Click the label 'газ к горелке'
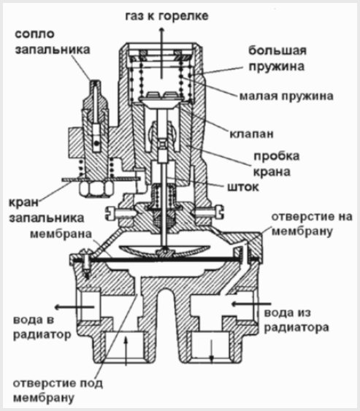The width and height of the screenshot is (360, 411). pyautogui.click(x=166, y=16)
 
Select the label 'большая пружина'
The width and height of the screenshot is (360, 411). pyautogui.click(x=277, y=58)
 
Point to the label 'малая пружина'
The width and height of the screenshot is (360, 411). pyautogui.click(x=286, y=96)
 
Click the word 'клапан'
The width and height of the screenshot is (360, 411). pyautogui.click(x=252, y=134)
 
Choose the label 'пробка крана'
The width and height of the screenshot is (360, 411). pyautogui.click(x=276, y=164)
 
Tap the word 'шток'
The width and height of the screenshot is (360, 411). pyautogui.click(x=243, y=187)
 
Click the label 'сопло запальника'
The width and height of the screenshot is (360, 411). pyautogui.click(x=53, y=42)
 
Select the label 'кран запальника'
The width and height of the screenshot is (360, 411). pyautogui.click(x=47, y=210)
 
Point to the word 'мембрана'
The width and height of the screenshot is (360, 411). pyautogui.click(x=61, y=234)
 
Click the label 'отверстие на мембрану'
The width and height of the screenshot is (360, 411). pyautogui.click(x=312, y=224)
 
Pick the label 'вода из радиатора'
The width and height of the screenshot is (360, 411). pyautogui.click(x=296, y=320)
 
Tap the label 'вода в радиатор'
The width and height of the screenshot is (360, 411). pyautogui.click(x=42, y=327)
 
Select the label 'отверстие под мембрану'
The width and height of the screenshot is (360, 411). pyautogui.click(x=58, y=391)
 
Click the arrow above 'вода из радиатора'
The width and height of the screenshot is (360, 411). pyautogui.click(x=250, y=304)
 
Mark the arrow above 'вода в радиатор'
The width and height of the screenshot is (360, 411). pyautogui.click(x=74, y=307)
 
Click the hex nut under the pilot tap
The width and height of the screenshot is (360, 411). pyautogui.click(x=96, y=188)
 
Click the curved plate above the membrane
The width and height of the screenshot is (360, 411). pyautogui.click(x=164, y=250)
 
